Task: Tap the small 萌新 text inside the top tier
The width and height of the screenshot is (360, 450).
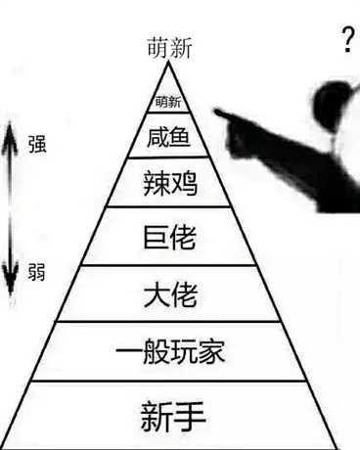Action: (x=168, y=102)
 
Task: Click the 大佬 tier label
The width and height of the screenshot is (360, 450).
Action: (x=168, y=293)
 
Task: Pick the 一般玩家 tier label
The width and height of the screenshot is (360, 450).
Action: (x=168, y=351)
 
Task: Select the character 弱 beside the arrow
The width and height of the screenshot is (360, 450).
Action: (x=37, y=269)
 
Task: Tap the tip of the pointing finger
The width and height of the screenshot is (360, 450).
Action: (x=216, y=118)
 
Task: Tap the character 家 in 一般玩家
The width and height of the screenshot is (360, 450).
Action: (x=211, y=351)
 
